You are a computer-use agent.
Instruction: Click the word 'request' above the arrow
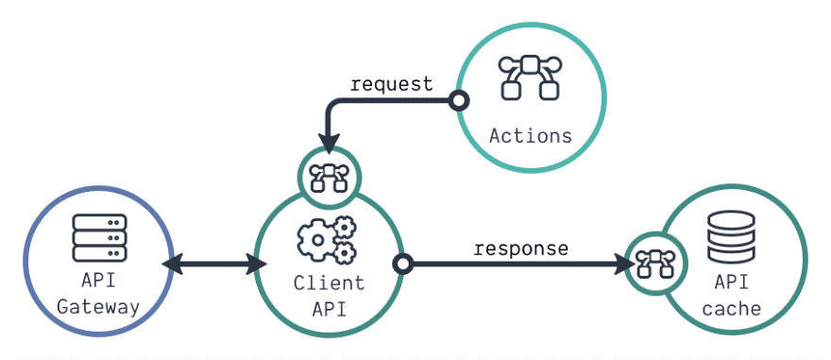click(391, 84)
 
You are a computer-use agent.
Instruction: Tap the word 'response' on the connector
click(521, 249)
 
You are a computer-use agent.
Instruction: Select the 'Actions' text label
click(531, 135)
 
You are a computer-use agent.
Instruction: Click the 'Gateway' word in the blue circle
click(99, 307)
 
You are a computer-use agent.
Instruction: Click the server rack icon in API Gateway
click(99, 237)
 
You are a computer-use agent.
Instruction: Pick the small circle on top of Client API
click(328, 174)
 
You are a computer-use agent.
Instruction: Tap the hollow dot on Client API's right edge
click(403, 264)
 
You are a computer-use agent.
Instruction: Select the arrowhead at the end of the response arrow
click(623, 264)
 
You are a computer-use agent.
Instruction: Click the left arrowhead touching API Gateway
click(173, 264)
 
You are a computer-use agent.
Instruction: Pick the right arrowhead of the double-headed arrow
click(255, 264)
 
